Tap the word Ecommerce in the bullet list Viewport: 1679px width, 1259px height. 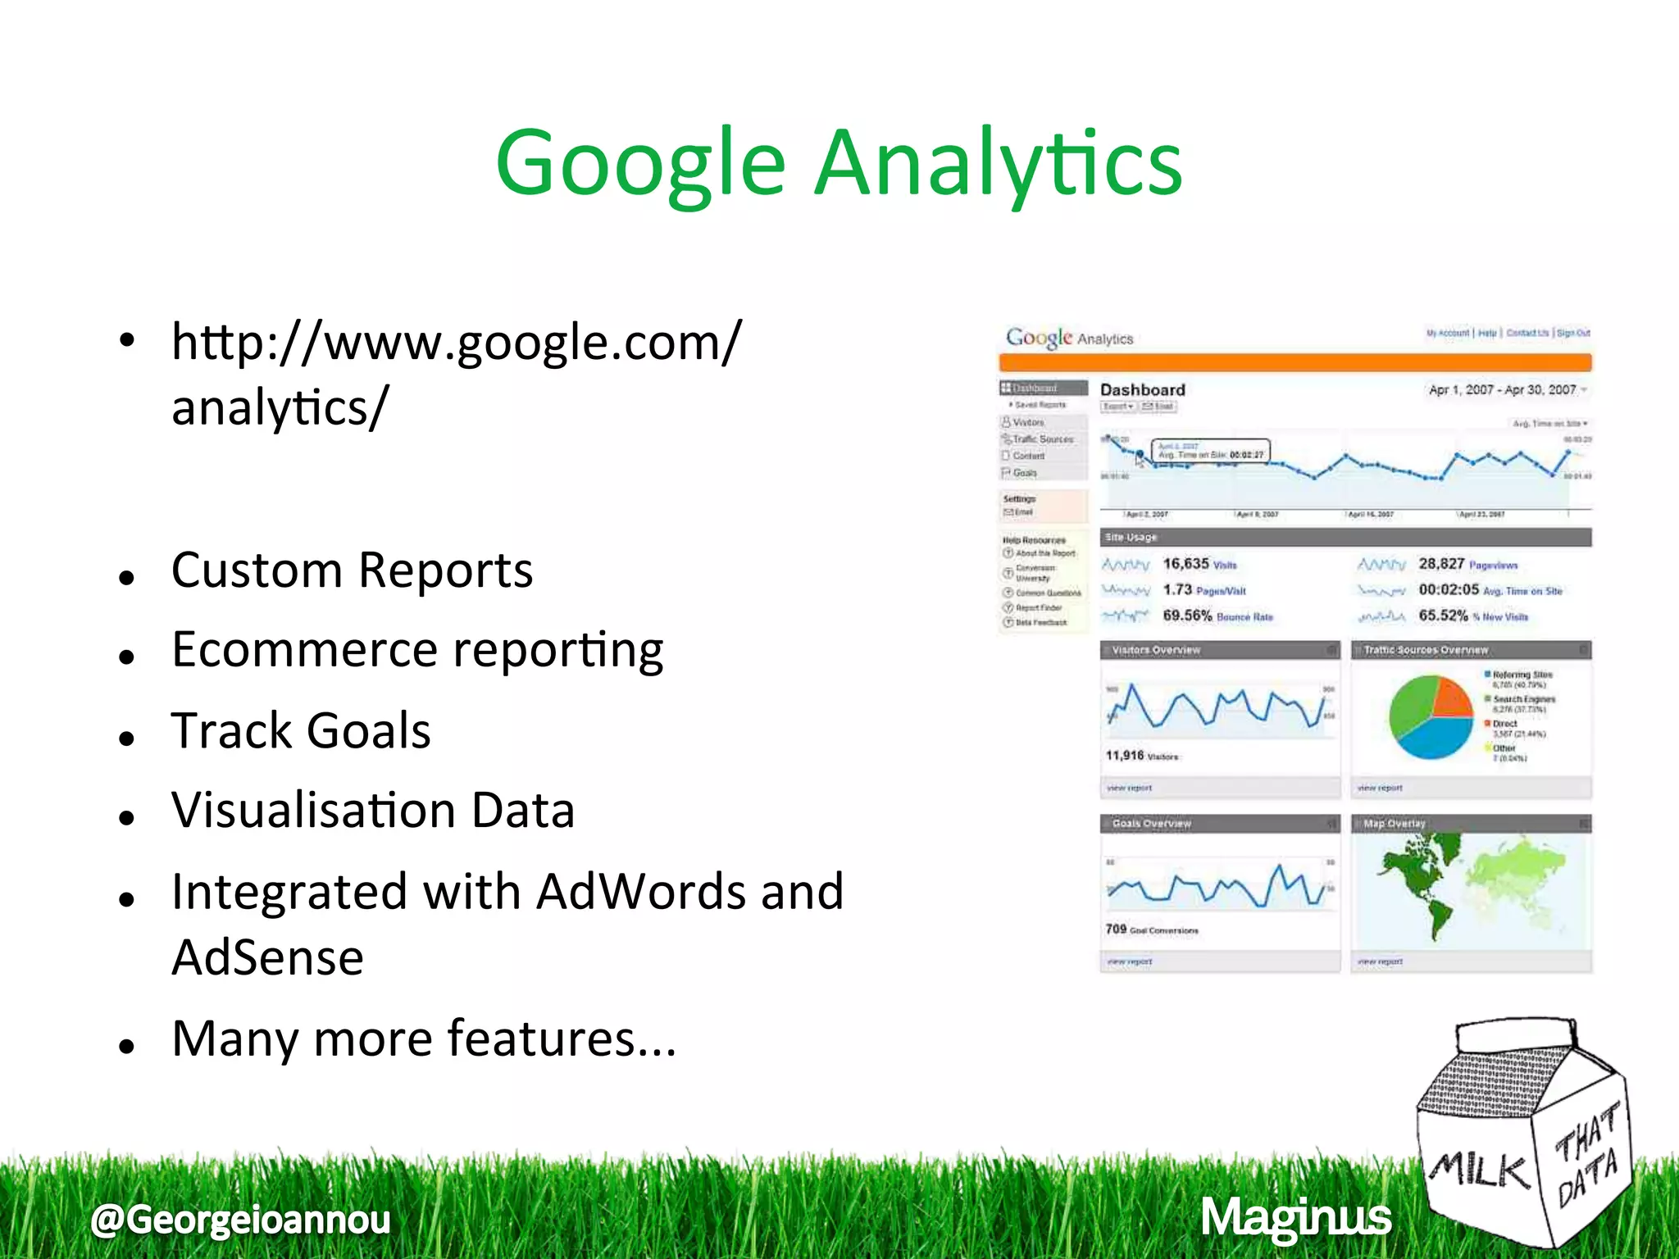point(304,650)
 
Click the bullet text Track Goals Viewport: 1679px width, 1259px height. point(301,730)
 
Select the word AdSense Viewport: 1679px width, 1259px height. point(267,957)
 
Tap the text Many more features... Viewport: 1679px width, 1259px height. point(423,1039)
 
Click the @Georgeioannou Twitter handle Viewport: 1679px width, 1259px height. point(241,1219)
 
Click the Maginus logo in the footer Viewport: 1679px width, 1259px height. point(1295,1217)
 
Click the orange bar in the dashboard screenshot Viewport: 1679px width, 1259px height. point(1295,362)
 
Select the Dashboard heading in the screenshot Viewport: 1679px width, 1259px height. point(1142,390)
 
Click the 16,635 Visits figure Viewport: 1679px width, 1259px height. point(1199,564)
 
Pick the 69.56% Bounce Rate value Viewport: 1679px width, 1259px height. point(1217,616)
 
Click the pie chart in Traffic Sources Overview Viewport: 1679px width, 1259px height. point(1431,717)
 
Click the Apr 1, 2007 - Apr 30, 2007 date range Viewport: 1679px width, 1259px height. point(1502,390)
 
